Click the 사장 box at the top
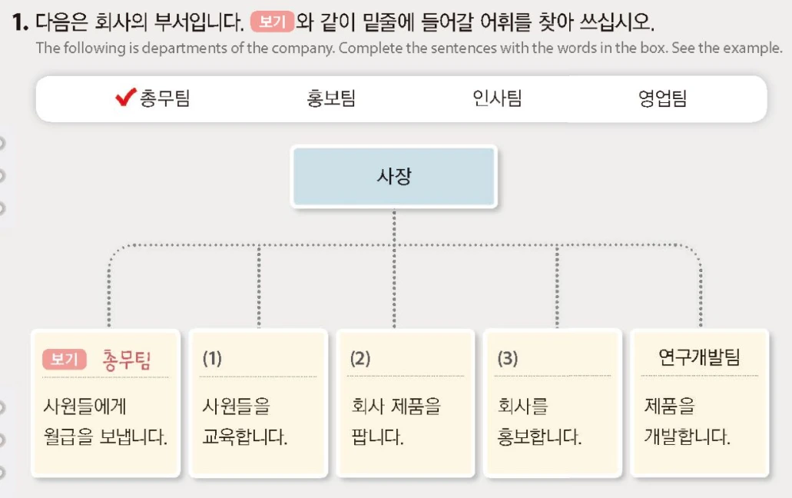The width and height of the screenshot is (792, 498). (x=394, y=177)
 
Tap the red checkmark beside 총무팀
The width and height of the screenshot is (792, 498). (x=125, y=98)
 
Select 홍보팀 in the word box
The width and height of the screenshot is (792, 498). (x=330, y=98)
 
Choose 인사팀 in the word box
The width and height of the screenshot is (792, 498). (x=497, y=98)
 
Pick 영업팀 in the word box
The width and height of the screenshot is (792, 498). (x=662, y=98)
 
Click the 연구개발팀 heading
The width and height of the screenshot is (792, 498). (x=699, y=357)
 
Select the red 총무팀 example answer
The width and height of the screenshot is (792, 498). (x=126, y=360)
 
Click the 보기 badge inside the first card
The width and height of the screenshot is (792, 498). (x=65, y=360)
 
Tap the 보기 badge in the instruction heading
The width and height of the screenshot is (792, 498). (x=272, y=22)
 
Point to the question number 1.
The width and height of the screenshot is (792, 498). (x=20, y=23)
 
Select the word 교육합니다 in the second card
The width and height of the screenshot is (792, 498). (x=244, y=438)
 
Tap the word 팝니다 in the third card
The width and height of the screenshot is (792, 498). (x=377, y=438)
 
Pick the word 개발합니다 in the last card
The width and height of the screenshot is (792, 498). (x=687, y=438)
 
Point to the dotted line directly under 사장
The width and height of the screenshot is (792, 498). (x=394, y=227)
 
